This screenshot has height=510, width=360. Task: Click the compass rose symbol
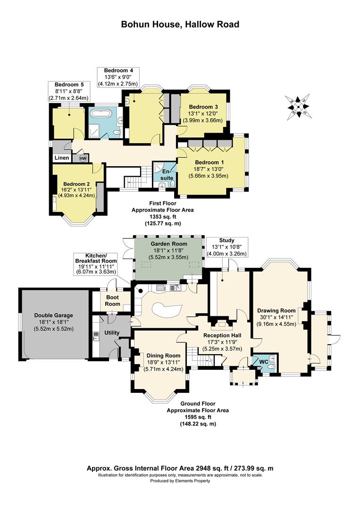coord(297,107)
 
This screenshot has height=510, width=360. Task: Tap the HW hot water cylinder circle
coord(83,158)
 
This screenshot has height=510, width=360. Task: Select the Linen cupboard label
coord(62,158)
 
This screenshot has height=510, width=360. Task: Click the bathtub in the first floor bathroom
coord(100,114)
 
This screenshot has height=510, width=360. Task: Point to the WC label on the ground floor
coord(264,361)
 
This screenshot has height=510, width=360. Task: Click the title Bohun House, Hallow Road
coord(180,24)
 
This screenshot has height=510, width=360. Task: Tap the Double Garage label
coord(54,315)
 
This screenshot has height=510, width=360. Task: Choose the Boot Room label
coord(112,300)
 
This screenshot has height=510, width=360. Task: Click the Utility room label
coord(112,333)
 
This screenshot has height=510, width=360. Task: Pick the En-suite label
coord(167,175)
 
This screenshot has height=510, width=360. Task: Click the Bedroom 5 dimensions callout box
coord(69,91)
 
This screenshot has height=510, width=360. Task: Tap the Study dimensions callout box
coord(227,247)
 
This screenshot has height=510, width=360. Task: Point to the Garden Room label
coord(168,244)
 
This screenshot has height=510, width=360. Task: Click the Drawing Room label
coord(276,310)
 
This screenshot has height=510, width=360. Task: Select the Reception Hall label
coord(222,335)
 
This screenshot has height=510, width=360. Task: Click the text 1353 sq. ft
coord(162,217)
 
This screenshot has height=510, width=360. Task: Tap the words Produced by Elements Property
coord(180,481)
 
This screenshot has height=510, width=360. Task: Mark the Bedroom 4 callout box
coord(118,77)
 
